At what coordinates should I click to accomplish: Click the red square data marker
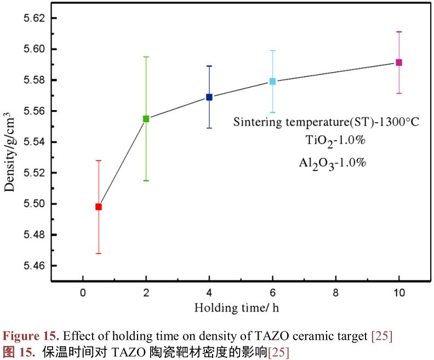coord(99,207)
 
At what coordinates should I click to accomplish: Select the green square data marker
coord(146,118)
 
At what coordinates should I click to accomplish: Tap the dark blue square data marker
coord(209,97)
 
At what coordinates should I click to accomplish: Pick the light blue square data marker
coord(272,82)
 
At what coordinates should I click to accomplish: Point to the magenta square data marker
coord(399,62)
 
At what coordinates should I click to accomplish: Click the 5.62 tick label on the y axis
coord(33,18)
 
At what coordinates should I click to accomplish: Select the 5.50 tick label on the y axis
coord(33,204)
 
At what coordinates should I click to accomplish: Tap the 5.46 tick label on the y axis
coord(33,266)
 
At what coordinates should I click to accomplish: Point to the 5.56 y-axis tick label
coord(33,111)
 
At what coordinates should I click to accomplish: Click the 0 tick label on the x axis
coord(83,293)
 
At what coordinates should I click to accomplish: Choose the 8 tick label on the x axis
coord(335,293)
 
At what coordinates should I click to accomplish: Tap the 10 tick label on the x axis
coord(399,293)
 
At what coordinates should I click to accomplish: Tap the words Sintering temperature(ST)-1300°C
coord(326,122)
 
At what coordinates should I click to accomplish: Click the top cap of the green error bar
coord(146,56)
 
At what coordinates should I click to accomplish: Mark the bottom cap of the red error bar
coord(99,253)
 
